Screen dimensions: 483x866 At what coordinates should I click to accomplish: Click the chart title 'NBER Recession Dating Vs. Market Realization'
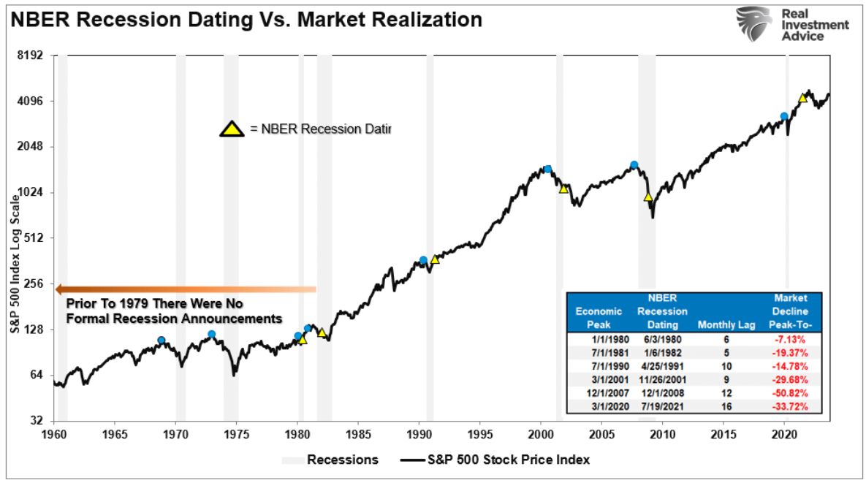coord(246,20)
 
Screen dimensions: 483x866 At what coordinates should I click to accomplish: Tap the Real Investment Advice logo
coord(793,25)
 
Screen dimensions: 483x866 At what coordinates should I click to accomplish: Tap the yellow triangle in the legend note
coord(232,129)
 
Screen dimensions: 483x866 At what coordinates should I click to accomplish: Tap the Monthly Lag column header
coord(726,324)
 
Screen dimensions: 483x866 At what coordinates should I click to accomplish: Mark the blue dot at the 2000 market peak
coord(547,170)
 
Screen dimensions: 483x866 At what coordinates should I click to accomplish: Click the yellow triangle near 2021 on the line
coord(802,98)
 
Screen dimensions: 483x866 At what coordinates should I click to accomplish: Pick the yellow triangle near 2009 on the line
coord(647,197)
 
